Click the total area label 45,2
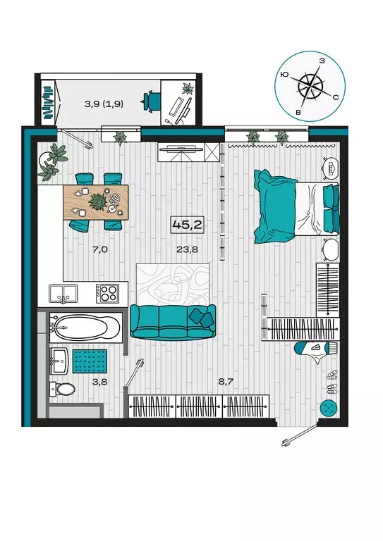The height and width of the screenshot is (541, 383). [187, 225]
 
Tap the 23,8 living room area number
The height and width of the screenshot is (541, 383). [187, 249]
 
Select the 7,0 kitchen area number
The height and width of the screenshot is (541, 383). [100, 249]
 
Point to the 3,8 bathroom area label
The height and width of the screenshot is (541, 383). [99, 382]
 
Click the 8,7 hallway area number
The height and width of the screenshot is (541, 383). [226, 382]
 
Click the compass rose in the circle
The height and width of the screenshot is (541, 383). [310, 85]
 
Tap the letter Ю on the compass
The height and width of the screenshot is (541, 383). [284, 74]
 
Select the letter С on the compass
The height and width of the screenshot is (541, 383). [335, 97]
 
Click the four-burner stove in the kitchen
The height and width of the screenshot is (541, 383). [107, 294]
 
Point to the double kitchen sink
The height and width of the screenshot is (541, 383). [63, 294]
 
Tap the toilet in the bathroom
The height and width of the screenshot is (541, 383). [63, 390]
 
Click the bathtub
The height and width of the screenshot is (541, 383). [85, 327]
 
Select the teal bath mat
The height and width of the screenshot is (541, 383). [90, 361]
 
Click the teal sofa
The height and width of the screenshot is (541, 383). [173, 323]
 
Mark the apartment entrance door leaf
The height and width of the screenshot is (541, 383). [300, 435]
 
